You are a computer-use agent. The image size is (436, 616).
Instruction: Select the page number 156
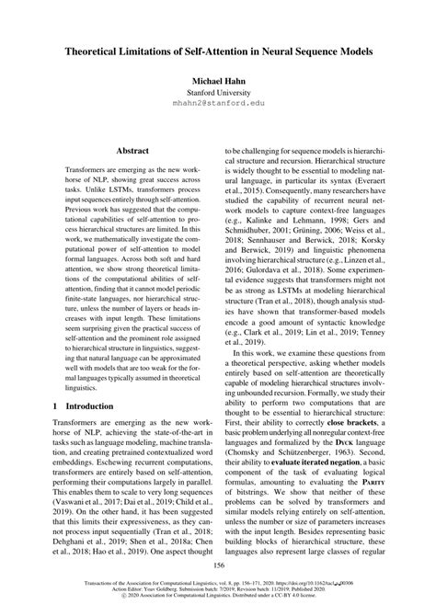(218, 580)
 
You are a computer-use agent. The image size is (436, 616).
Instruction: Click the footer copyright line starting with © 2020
(218, 608)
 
